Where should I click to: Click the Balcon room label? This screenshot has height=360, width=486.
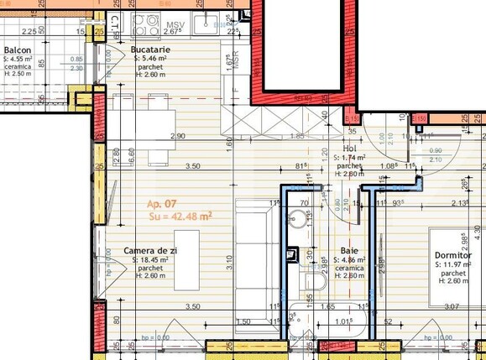[18, 50]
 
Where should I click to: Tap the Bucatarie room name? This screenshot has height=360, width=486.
[151, 50]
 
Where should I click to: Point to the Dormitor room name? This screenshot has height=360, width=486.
[453, 256]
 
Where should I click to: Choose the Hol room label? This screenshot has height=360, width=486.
[350, 148]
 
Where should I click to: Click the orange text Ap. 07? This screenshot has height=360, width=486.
[162, 204]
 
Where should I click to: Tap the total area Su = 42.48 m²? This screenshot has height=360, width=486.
[180, 216]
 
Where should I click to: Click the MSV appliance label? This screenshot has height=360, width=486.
[175, 25]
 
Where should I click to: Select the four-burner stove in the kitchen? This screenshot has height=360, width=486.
[146, 25]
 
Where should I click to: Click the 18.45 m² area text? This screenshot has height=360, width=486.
[150, 260]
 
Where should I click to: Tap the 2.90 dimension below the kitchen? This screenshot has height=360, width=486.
[177, 136]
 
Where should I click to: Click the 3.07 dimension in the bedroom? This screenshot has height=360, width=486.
[452, 307]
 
